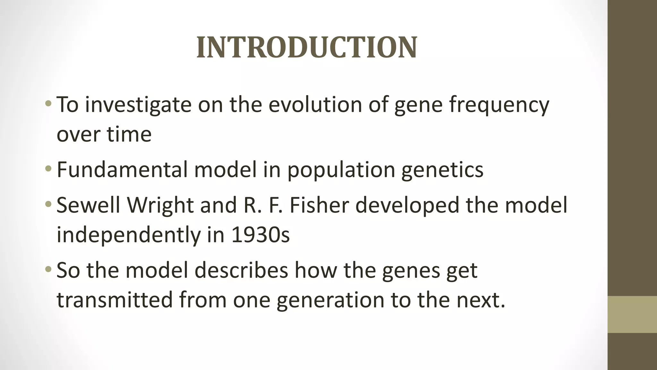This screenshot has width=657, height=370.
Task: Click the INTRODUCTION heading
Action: [x=307, y=48]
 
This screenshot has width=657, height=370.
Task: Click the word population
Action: [x=341, y=170]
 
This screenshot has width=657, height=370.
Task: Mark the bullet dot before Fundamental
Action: [x=48, y=169]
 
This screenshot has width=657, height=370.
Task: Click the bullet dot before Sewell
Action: [x=48, y=204]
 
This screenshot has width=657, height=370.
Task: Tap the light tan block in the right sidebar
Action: [x=632, y=314]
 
